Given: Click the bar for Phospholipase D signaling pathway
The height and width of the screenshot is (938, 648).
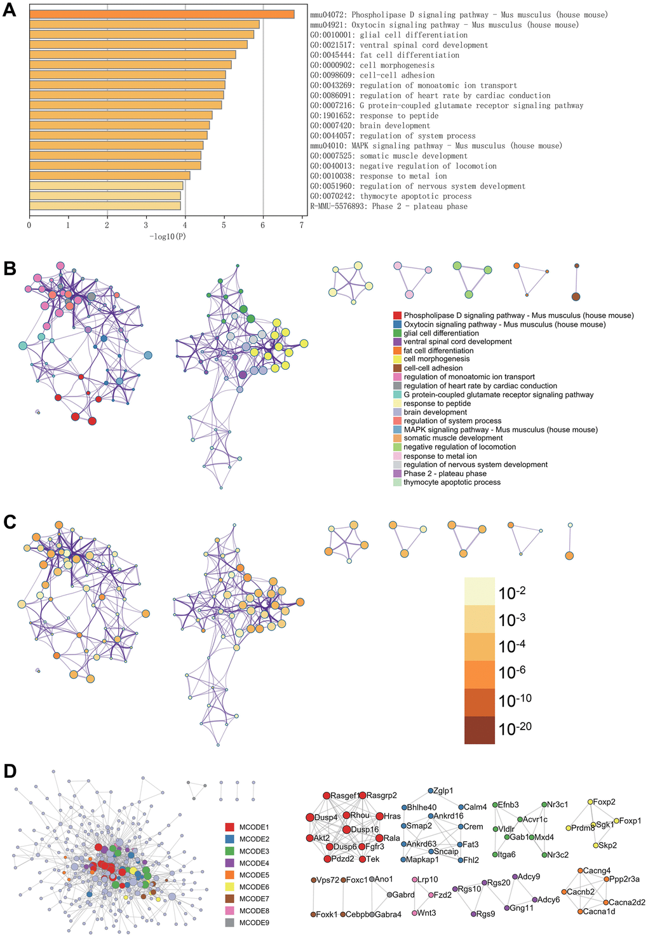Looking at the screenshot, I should coord(161,14).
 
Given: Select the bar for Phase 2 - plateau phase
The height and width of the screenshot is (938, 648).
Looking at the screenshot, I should coord(105,206).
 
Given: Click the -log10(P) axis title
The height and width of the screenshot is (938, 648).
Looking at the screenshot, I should coord(168,236).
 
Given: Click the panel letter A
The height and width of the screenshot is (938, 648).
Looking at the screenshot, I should coord(10,11).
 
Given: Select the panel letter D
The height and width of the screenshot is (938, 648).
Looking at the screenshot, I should coord(10,771).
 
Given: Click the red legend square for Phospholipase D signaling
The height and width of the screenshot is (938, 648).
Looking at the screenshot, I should coord(397,316).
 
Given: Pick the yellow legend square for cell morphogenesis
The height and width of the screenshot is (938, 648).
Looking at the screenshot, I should coord(397,359).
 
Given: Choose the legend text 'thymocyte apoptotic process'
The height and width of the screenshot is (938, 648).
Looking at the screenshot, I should coord(452,482).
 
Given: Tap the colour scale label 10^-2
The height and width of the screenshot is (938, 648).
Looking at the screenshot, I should coord(512,593).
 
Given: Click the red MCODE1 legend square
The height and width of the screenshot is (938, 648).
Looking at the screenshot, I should coord(229,827).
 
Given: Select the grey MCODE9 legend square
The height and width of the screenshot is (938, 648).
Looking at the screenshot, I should coord(229,922).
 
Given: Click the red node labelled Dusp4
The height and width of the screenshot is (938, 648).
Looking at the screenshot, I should coord(310,818).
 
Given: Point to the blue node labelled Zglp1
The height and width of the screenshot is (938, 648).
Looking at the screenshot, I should coord(430,791).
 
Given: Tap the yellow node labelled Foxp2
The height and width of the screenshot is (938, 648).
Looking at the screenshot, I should coord(590,802).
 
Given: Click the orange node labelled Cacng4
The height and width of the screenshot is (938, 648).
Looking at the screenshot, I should coord(580,871).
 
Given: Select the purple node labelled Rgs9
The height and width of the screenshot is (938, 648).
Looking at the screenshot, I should coord(474,914).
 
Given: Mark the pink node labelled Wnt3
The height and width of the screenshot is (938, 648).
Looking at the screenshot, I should coord(415,913).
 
